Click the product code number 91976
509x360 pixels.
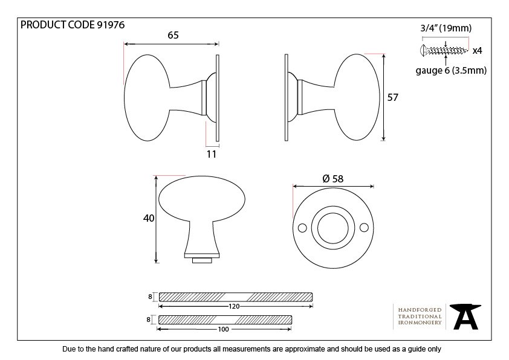tap(111, 25)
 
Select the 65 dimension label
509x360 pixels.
tap(173, 35)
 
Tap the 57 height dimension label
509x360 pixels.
tap(392, 97)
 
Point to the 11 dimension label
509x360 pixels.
tap(212, 154)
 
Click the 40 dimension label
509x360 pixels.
tap(149, 218)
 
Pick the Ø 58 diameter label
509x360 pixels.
tap(333, 179)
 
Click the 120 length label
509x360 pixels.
tap(234, 306)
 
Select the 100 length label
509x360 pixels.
tap(223, 329)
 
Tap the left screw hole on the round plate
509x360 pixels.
tap(302, 228)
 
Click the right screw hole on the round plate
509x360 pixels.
tap(365, 228)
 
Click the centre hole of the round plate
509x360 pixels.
tap(333, 228)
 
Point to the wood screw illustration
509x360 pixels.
tap(444, 50)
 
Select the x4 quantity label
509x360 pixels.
tap(477, 51)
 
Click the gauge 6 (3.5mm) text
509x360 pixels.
tap(451, 71)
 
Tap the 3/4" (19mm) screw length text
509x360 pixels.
tap(446, 28)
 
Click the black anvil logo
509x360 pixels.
tap(465, 317)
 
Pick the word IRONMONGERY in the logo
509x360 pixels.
tap(420, 323)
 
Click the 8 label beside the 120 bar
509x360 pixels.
tap(150, 297)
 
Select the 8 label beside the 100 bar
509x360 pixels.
tap(148, 320)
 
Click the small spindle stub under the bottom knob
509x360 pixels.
tap(202, 260)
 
